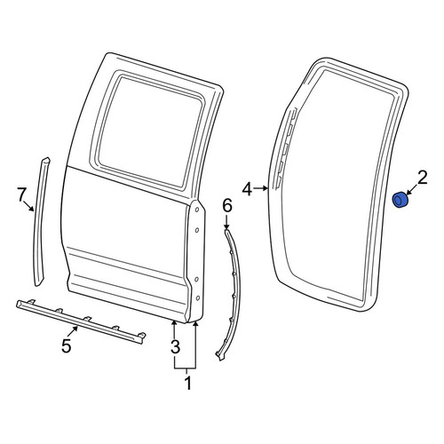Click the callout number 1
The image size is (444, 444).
tap(188, 383)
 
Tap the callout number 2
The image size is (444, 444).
tap(422, 178)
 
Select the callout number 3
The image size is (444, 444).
tap(175, 346)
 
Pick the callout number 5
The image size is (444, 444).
tap(67, 345)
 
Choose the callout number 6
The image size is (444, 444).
tap(227, 206)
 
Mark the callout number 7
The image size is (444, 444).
tap(20, 195)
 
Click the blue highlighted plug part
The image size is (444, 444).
tap(400, 200)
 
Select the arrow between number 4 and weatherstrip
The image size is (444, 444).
tap(262, 188)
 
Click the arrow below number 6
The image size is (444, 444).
tap(226, 222)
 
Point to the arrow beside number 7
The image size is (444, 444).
tap(29, 206)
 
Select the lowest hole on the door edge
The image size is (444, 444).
tap(198, 297)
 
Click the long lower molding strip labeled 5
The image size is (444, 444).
tap(81, 321)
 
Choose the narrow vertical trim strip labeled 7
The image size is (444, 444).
tap(39, 222)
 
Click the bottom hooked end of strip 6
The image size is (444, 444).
tap(219, 355)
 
